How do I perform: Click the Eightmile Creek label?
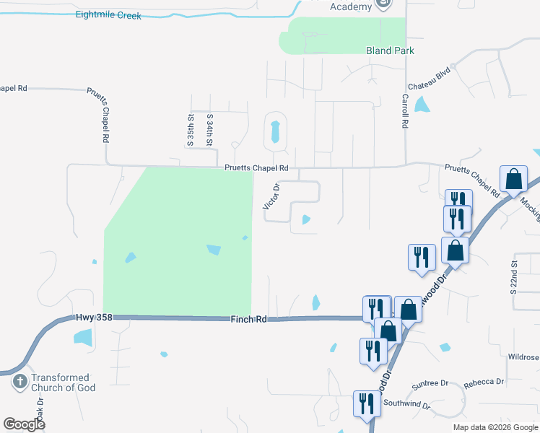[x=109, y=14]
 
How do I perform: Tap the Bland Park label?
[x=390, y=51]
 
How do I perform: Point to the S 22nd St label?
[x=514, y=274]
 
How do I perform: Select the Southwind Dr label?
[x=406, y=404]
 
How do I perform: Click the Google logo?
[x=24, y=424]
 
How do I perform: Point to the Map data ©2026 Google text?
[x=495, y=427]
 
